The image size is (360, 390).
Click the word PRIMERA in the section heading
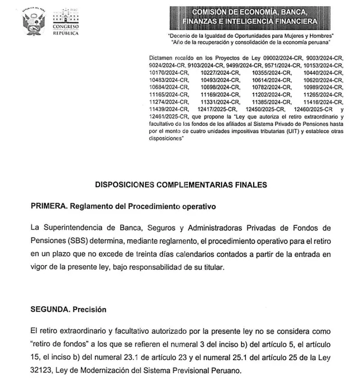[48, 206]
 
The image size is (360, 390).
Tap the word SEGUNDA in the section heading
[49, 310]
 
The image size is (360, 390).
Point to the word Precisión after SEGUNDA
[88, 310]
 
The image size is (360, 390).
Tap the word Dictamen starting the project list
[161, 58]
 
